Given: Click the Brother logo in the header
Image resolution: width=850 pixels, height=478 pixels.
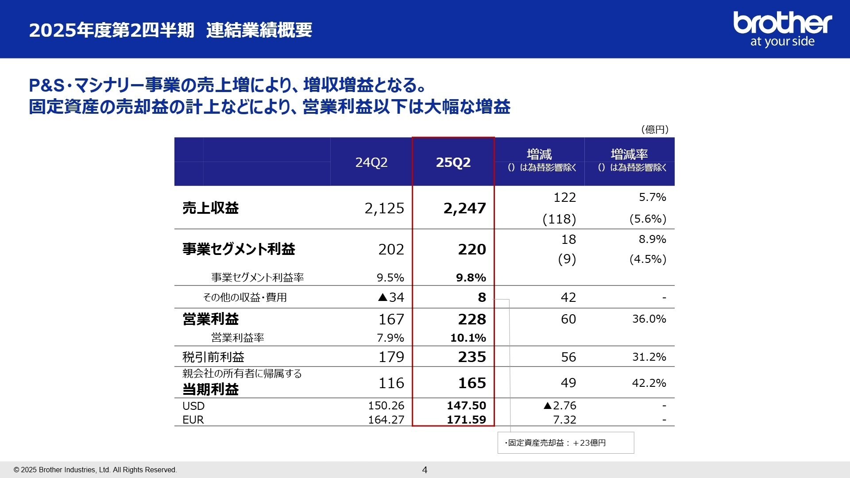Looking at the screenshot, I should tap(782, 29).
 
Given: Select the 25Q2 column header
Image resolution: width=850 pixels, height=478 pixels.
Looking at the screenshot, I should tap(453, 162).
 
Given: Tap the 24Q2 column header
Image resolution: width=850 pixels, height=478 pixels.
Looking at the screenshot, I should tap(371, 162).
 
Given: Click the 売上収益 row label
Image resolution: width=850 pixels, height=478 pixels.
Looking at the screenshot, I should tap(211, 208).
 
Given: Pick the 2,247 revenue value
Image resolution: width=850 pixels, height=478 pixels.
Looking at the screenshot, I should tap(464, 208).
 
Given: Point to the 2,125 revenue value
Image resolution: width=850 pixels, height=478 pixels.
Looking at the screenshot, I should tap(384, 208).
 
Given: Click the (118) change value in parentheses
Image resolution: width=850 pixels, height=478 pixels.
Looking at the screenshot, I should tap(559, 219).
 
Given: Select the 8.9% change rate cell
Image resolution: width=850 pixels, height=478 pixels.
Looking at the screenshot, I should tap(652, 239).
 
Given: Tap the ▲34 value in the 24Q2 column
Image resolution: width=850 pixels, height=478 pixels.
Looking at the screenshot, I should tap(391, 297).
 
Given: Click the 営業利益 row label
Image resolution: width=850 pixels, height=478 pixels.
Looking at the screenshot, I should tap(211, 319).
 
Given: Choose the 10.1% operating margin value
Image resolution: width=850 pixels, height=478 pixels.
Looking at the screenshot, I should tap(468, 338).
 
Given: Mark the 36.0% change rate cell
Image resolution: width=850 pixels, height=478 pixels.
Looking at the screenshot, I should tap(649, 319).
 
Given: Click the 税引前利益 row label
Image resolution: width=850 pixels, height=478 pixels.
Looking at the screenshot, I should tap(213, 357).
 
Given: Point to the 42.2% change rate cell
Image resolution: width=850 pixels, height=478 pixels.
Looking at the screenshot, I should tap(649, 383).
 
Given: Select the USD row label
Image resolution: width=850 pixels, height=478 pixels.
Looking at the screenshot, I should tap(193, 406).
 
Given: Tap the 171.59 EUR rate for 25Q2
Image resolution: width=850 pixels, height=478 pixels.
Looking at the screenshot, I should tap(466, 420).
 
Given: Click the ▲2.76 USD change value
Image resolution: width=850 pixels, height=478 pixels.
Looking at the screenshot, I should tap(560, 405).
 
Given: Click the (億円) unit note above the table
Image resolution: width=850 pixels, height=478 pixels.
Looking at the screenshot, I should tap(655, 129).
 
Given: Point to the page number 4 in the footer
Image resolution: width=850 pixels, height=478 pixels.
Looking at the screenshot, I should tap(425, 470).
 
